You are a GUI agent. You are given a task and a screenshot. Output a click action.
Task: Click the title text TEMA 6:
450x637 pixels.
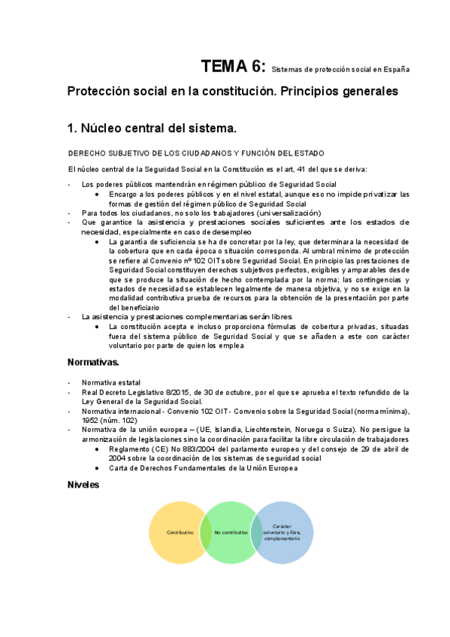[x=232, y=67]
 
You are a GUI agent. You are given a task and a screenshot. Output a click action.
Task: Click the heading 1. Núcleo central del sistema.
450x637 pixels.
[x=152, y=128]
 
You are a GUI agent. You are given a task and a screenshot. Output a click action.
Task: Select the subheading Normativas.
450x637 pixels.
[x=93, y=362]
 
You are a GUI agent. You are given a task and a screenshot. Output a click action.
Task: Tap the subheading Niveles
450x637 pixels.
[x=83, y=485]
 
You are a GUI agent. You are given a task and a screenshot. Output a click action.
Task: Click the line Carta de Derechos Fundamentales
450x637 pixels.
[x=203, y=467]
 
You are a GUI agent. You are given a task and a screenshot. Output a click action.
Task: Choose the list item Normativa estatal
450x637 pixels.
[x=110, y=382]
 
